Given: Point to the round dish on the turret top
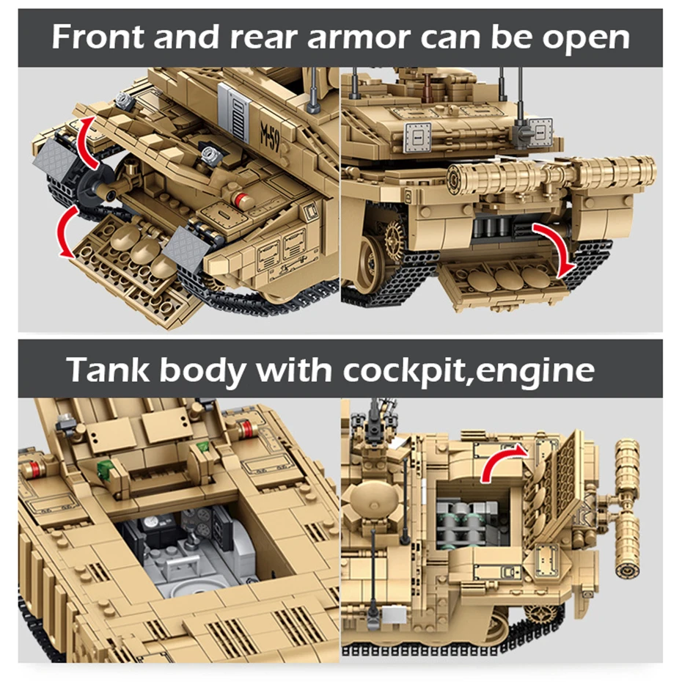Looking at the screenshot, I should (375, 502).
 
